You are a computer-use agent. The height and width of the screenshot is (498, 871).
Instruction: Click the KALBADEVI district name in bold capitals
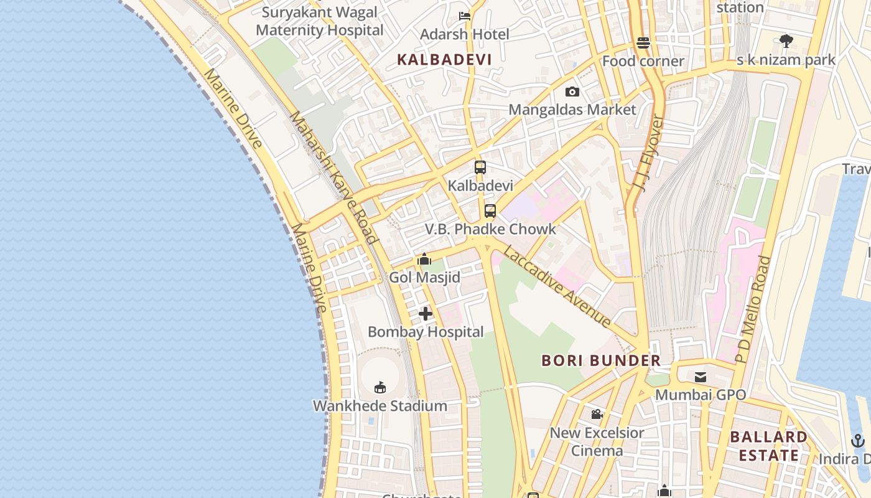click(444, 60)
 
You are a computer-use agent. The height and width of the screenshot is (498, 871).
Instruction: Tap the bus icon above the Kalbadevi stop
click(480, 167)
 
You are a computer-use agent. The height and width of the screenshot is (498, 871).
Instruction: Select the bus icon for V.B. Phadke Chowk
click(490, 211)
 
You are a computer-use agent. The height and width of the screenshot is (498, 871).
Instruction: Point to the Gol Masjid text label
click(425, 278)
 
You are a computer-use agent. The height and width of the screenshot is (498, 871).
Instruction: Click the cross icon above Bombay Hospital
click(426, 314)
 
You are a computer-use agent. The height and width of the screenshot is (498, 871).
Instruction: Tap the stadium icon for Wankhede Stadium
click(380, 388)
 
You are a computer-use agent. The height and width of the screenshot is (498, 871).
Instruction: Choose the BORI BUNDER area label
click(600, 360)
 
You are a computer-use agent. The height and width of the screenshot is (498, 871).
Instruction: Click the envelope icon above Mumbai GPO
click(701, 377)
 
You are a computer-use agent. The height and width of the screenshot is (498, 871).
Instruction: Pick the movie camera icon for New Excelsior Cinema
click(597, 415)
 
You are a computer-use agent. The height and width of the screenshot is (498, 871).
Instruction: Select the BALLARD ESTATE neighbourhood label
click(768, 446)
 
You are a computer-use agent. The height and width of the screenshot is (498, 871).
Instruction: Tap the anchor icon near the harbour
click(858, 441)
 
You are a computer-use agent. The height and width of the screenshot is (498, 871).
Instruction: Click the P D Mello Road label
click(753, 309)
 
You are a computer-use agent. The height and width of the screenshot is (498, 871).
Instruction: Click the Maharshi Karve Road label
click(333, 177)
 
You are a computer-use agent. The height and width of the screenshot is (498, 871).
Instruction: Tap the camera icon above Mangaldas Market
click(572, 92)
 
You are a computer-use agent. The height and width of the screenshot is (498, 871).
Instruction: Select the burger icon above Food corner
click(643, 43)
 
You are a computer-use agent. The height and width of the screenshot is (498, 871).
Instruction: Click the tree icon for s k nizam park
click(786, 42)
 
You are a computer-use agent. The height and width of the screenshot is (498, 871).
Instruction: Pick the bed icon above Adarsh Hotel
click(464, 16)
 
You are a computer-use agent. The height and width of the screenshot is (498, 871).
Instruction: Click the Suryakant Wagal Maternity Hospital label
click(320, 21)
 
